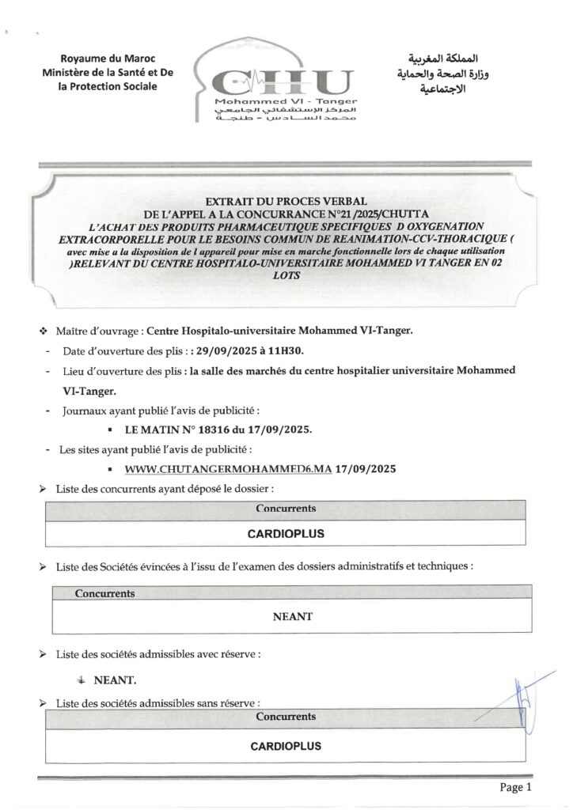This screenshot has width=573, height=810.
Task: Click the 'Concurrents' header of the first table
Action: tap(286, 509)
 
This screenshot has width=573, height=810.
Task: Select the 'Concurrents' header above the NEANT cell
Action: tap(104, 592)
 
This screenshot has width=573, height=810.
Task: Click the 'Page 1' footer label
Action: tap(518, 787)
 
